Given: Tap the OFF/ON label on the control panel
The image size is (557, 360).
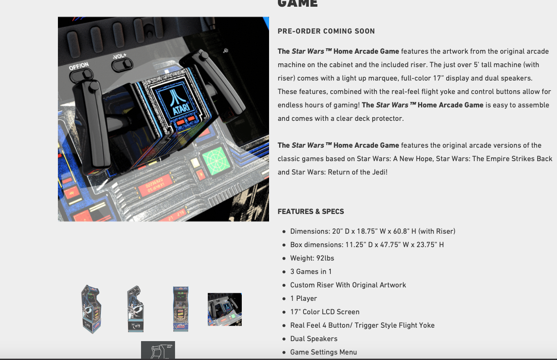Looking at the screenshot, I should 79,66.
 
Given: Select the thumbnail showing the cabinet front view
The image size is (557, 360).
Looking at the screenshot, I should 181,309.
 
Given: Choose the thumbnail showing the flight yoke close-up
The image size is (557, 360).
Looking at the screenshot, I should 225,309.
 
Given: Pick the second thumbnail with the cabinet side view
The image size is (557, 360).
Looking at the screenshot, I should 136,309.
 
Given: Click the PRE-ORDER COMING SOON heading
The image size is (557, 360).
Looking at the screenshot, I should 326,31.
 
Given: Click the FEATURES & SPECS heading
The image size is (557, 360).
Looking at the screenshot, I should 311,211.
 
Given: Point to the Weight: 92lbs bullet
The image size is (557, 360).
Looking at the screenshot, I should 312,258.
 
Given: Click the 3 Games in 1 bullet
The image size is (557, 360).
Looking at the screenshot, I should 311,271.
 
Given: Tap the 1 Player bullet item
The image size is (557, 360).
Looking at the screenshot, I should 303,298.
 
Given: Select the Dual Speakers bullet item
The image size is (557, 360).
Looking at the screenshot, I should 314,339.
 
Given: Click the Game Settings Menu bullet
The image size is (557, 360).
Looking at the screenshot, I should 323,352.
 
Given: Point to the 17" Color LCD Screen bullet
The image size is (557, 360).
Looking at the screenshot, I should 324,312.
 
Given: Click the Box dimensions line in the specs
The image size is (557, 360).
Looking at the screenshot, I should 366,245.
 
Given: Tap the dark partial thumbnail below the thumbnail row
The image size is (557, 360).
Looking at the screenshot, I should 158,350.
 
